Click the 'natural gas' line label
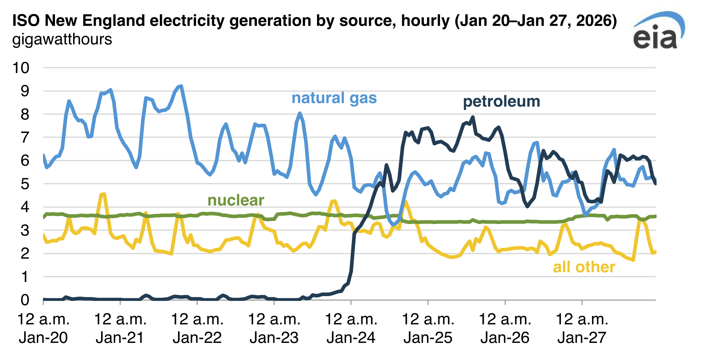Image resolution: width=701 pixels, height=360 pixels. coord(334,98)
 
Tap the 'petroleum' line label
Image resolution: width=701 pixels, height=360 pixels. coord(501,101)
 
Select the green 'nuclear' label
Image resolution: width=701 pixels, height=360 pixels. coord(236,200)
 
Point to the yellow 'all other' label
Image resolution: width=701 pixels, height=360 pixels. coord(584,267)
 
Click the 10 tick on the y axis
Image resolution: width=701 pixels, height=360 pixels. coord(21,68)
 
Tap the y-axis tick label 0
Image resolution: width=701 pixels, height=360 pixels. coord(25,300)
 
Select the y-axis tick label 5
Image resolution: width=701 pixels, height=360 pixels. coord(25,184)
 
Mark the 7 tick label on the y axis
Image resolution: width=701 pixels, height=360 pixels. coord(25,138)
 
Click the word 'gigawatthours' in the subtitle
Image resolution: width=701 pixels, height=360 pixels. coord(62,39)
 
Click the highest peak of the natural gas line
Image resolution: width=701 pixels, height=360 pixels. coord(181,86)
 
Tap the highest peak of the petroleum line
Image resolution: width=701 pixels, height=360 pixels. coord(473,117)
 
